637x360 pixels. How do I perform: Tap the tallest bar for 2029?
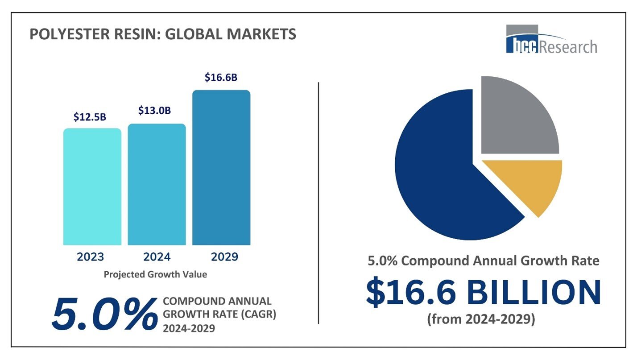click(221, 167)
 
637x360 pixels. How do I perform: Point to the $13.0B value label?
click(154, 110)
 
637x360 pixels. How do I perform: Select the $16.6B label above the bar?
click(221, 77)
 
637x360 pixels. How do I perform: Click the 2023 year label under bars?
click(90, 257)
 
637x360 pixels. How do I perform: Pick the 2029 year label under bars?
click(224, 257)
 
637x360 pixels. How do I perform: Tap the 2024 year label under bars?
click(157, 257)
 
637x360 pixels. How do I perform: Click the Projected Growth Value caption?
click(155, 274)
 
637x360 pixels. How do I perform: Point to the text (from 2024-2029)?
click(481, 319)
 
